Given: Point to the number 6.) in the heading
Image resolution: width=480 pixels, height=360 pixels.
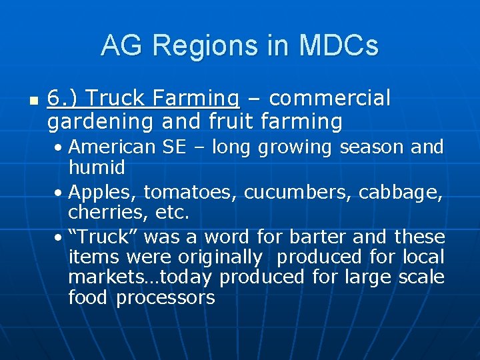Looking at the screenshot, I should [63, 99].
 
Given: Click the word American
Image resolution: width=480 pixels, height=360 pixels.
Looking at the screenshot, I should [113, 146].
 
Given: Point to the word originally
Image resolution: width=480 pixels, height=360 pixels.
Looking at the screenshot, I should [220, 257].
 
